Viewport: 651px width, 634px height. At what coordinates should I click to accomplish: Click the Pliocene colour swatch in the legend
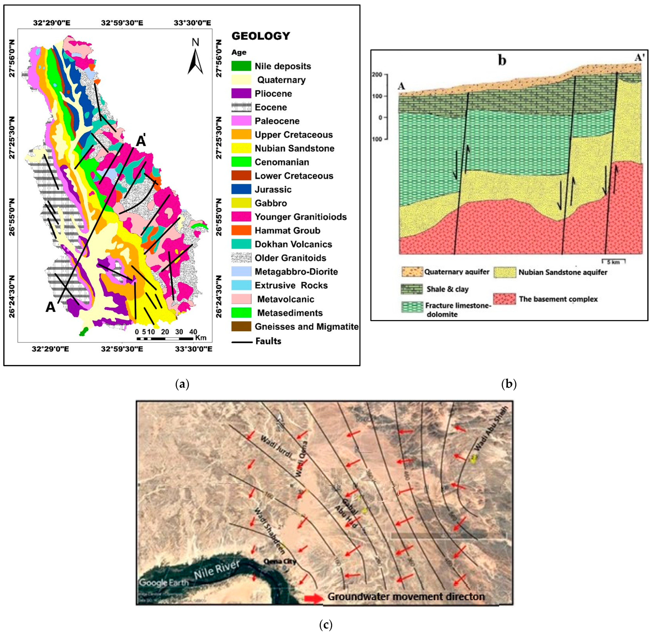[x=241, y=94]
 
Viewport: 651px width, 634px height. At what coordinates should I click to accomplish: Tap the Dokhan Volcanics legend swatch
[x=241, y=244]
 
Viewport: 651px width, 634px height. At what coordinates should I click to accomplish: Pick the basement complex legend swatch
[x=504, y=299]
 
